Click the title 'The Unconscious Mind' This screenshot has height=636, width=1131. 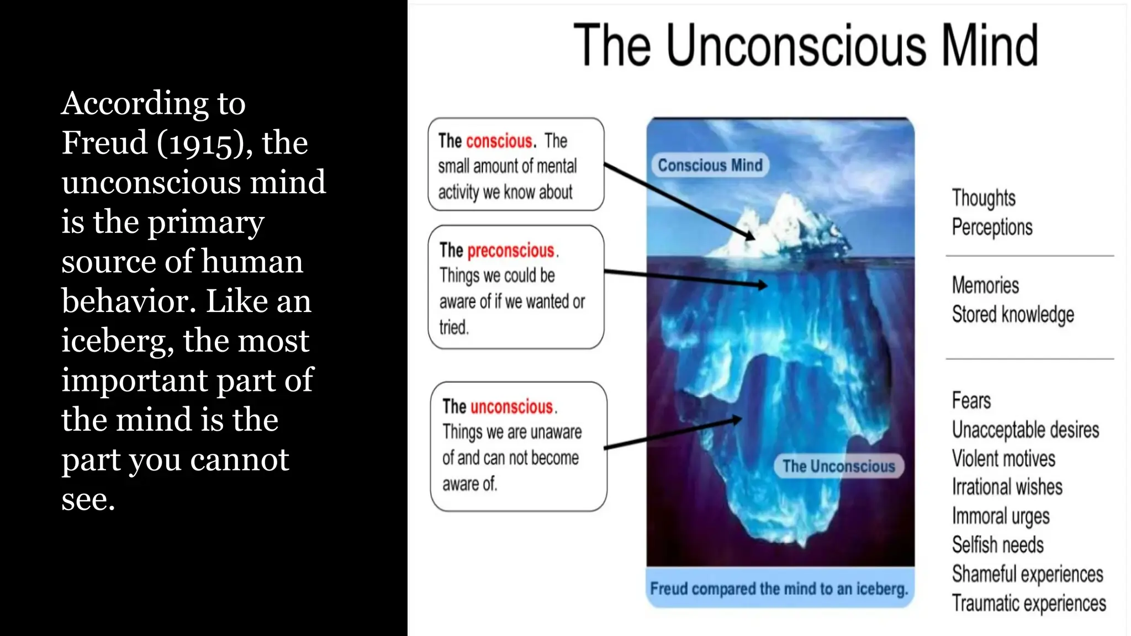(x=806, y=45)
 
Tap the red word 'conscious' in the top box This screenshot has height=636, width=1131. (x=499, y=141)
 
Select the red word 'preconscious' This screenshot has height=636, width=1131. (x=511, y=251)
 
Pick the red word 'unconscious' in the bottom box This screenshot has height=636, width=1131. (x=512, y=407)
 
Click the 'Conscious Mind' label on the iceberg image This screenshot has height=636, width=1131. (x=710, y=165)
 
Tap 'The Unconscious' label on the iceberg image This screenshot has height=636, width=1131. (x=838, y=467)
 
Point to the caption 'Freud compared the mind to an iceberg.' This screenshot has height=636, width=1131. (x=779, y=589)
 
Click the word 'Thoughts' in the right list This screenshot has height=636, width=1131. (x=984, y=198)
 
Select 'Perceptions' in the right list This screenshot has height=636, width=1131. (x=992, y=227)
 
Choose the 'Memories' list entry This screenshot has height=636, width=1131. (x=985, y=285)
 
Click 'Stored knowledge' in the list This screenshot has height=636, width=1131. (x=1013, y=315)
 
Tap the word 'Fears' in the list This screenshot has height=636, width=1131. (x=971, y=400)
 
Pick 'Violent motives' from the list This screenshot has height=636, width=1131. (x=1003, y=458)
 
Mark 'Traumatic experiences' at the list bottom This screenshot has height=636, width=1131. (x=1029, y=603)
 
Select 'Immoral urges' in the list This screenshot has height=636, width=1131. (x=1001, y=516)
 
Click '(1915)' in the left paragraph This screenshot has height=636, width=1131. (x=200, y=143)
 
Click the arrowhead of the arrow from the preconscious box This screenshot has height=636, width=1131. (x=762, y=285)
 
